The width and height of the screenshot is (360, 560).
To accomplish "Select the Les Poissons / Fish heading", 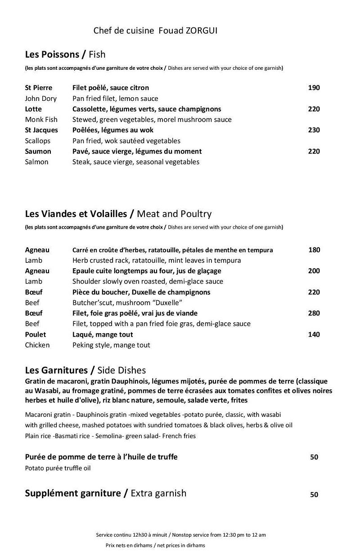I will coord(65,55).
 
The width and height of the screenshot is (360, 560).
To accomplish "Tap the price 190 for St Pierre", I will coord(314,88).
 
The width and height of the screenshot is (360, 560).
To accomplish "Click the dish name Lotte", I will coord(33,109).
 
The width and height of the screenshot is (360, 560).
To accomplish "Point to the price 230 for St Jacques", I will coord(314,130).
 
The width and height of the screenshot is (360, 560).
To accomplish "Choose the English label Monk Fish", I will coord(41,120).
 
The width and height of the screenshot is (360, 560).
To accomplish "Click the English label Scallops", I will coord(38,141).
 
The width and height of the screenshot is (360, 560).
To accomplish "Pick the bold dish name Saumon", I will coord(38,151).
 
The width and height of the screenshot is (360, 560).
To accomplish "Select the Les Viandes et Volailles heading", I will coord(118,214).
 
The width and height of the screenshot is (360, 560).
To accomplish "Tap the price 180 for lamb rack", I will coord(314,250).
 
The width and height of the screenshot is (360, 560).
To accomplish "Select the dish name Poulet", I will coord(36,334).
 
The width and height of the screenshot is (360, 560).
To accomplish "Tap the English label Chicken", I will coord(37,345).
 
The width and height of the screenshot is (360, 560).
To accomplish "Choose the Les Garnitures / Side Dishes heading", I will coord(85,370).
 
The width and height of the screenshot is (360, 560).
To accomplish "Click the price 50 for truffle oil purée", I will coord(314,457).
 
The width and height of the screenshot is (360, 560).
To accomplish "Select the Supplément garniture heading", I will coord(105,493).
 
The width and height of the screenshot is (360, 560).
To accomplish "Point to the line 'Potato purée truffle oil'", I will coord(58,468).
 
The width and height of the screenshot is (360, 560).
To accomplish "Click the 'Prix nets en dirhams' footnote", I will coord(155,545).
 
